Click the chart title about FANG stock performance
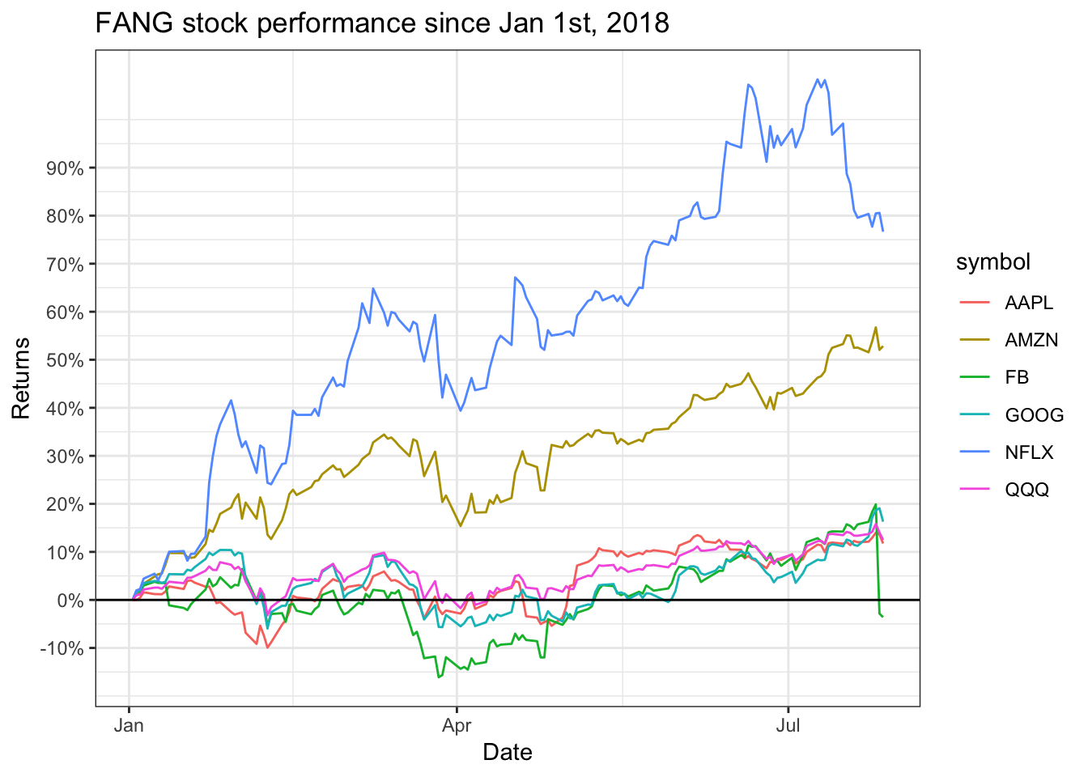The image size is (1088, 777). pyautogui.click(x=382, y=23)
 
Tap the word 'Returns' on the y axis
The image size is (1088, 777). pyautogui.click(x=21, y=378)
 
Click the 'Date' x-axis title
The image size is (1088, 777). pyautogui.click(x=508, y=753)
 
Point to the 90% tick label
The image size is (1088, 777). pyautogui.click(x=66, y=168)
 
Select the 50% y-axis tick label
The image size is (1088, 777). pyautogui.click(x=66, y=360)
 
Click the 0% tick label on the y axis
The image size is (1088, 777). pyautogui.click(x=70, y=601)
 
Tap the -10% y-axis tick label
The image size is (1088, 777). pyautogui.click(x=62, y=648)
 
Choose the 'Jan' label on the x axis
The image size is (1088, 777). pyautogui.click(x=129, y=725)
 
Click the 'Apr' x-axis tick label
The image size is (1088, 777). pyautogui.click(x=457, y=725)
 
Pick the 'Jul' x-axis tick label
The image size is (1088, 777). pyautogui.click(x=788, y=725)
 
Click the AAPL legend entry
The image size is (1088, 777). pyautogui.click(x=1029, y=303)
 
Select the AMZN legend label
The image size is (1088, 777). pyautogui.click(x=1031, y=340)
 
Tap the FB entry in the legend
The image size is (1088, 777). pyautogui.click(x=1017, y=377)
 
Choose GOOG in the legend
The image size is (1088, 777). pyautogui.click(x=1034, y=415)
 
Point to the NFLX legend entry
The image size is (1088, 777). pyautogui.click(x=1029, y=452)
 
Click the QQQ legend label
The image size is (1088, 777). pyautogui.click(x=1026, y=490)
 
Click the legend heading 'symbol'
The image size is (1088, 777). pyautogui.click(x=993, y=262)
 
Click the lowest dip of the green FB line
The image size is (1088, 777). pyautogui.click(x=439, y=677)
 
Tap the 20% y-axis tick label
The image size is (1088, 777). pyautogui.click(x=66, y=504)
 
